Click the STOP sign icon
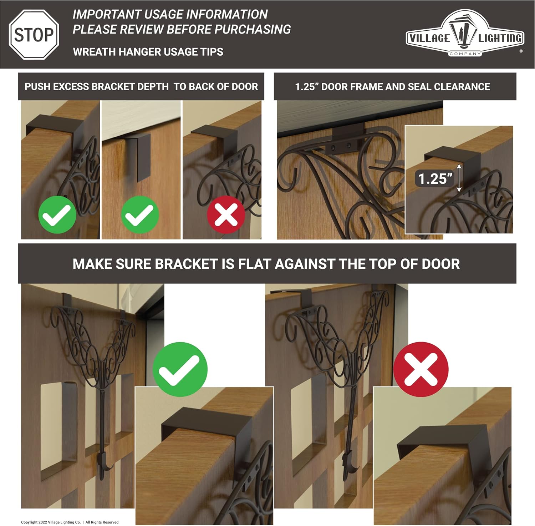(x=34, y=35)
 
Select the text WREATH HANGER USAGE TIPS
(x=148, y=52)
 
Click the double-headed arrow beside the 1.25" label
(x=459, y=178)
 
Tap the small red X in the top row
(x=226, y=215)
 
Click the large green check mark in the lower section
(x=180, y=369)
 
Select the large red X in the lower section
(x=421, y=369)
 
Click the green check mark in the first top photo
(x=57, y=215)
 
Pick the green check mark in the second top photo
(x=140, y=215)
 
